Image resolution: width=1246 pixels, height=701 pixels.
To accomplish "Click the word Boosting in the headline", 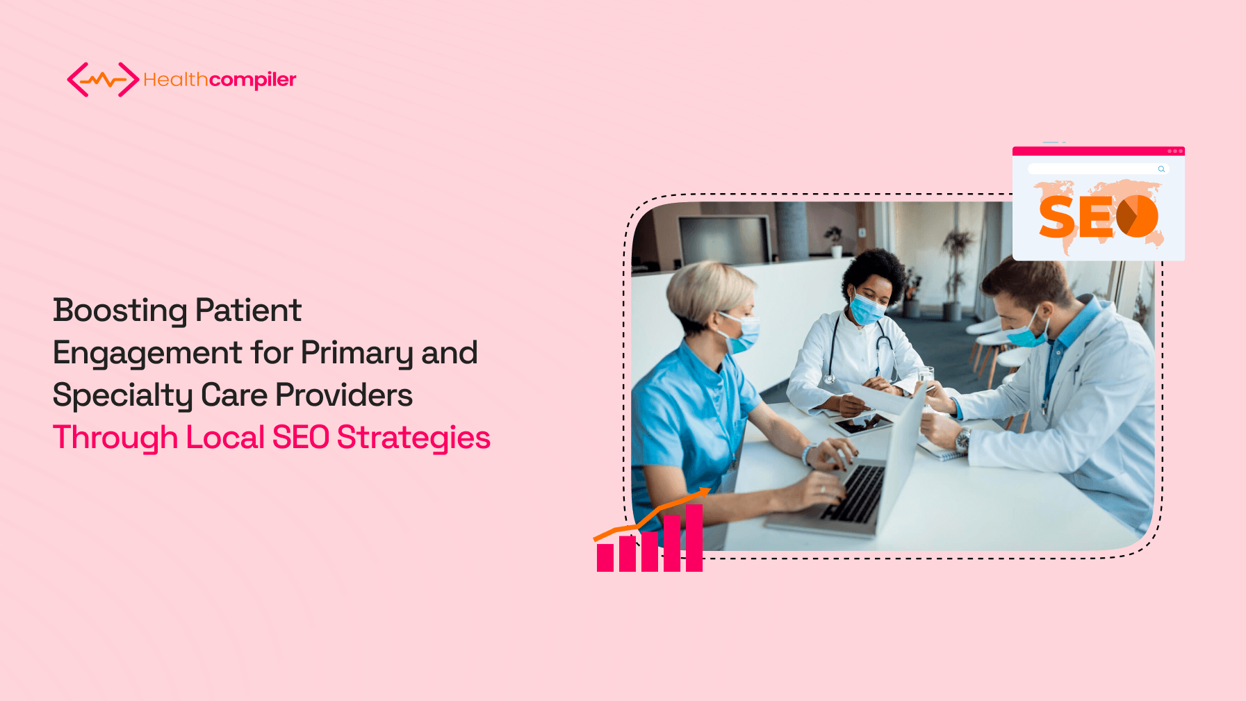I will (x=120, y=311).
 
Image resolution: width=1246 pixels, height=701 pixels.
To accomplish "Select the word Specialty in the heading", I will (x=122, y=396).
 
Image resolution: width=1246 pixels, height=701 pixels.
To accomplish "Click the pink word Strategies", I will (x=413, y=438).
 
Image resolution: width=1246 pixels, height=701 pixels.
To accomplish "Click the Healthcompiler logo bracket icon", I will (x=103, y=79).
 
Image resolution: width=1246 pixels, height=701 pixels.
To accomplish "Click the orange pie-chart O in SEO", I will (x=1137, y=216).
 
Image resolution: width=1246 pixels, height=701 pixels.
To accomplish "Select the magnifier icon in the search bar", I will (x=1161, y=169).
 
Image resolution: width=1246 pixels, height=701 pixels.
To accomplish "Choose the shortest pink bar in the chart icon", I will (x=605, y=557).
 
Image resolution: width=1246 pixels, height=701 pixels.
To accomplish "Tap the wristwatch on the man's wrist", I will (x=964, y=439).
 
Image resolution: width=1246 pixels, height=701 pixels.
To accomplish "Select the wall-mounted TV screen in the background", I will (x=725, y=240).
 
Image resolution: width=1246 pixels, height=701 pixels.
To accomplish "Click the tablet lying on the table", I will (x=860, y=423).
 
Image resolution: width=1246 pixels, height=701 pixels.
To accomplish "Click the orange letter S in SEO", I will (x=1057, y=217).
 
